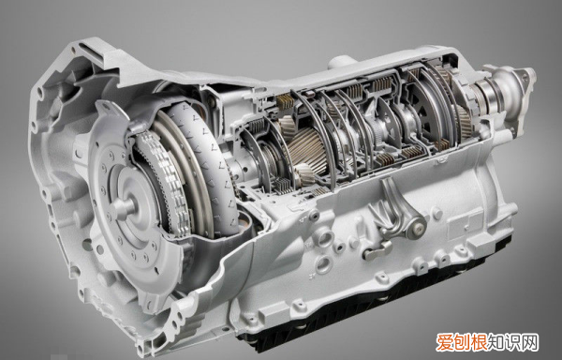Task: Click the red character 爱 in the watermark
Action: [444, 344]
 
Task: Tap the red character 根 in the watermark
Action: [479, 344]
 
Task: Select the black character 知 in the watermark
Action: [496, 344]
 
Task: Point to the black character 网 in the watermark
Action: [530, 344]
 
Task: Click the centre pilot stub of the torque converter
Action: [123, 207]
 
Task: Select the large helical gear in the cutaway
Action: [308, 151]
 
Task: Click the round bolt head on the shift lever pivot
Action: [418, 226]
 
